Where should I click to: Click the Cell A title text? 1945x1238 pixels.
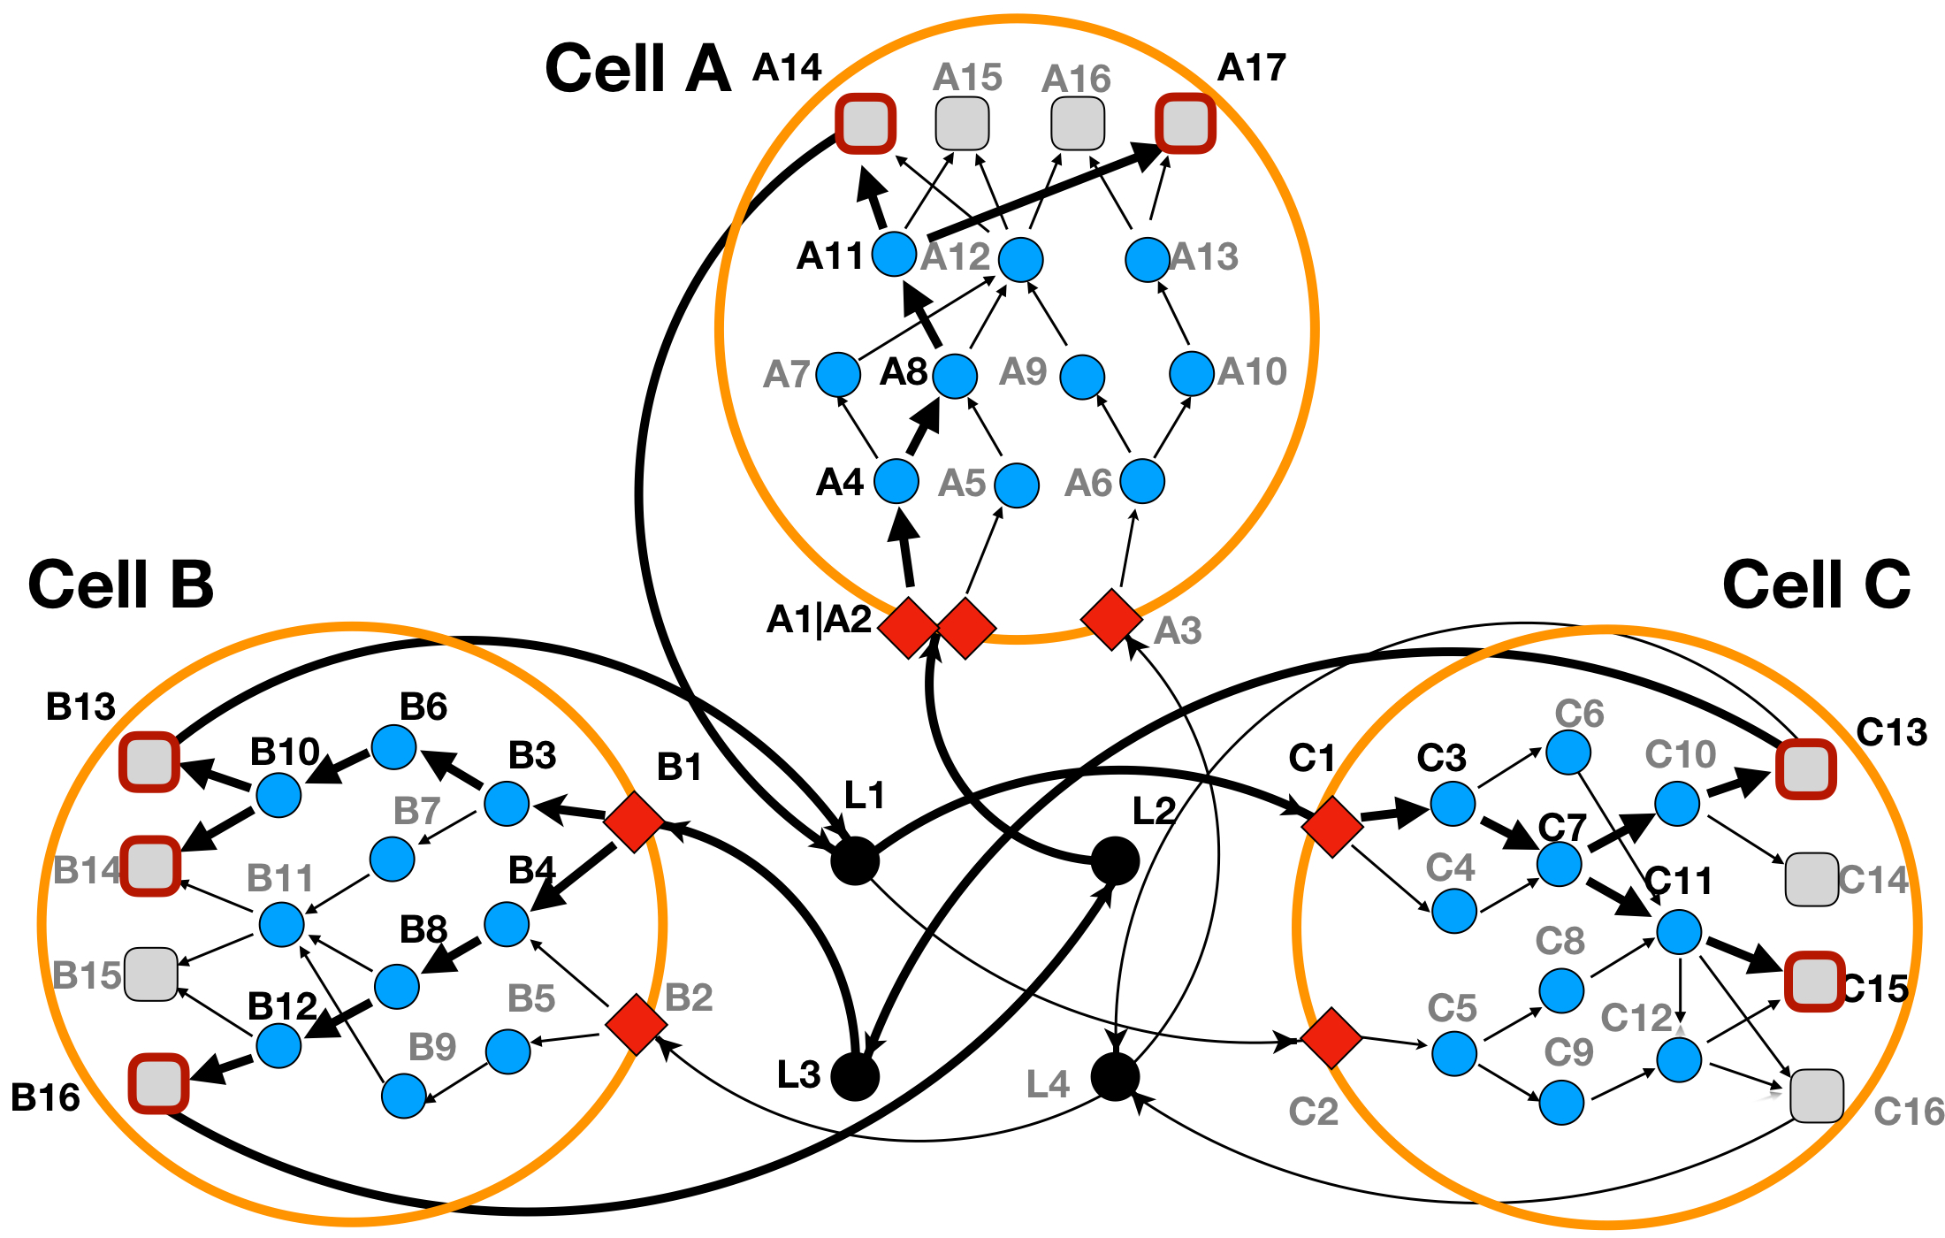pos(637,68)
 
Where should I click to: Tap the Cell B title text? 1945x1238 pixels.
pos(121,585)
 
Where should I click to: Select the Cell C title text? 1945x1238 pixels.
pos(1816,585)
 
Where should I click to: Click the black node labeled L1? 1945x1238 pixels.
pos(855,860)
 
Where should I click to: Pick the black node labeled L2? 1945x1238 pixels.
pos(1115,860)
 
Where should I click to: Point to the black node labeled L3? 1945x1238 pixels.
pos(855,1076)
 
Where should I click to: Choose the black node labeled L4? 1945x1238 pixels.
pos(1115,1076)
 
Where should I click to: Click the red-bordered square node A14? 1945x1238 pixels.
pos(866,123)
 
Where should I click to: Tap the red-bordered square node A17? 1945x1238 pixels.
pos(1186,123)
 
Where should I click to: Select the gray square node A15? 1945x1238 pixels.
pos(962,123)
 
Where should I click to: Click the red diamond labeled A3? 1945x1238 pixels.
pos(1111,620)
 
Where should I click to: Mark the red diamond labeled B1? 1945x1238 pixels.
pos(634,822)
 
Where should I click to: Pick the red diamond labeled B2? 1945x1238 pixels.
pos(637,1025)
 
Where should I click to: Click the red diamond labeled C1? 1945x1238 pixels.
pos(1332,825)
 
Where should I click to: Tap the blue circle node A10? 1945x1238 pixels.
pos(1191,373)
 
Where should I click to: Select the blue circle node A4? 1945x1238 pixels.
pos(896,481)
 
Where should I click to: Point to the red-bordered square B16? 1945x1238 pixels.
pos(159,1083)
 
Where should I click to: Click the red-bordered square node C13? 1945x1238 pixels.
pos(1806,769)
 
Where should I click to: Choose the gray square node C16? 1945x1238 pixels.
pos(1817,1096)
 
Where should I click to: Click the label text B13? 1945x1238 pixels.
pos(80,707)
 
